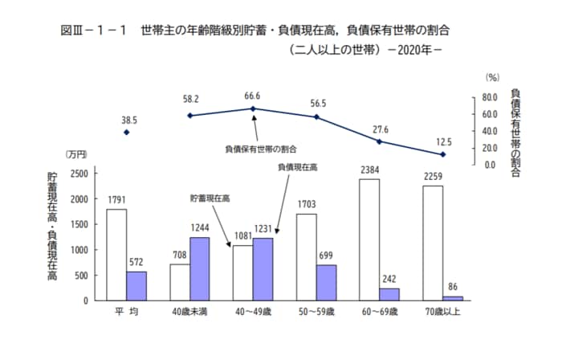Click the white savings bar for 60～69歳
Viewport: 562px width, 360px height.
[369, 239]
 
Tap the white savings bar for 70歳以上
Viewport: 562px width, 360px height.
[432, 243]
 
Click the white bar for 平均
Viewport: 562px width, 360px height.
[116, 255]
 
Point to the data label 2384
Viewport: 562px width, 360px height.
[369, 170]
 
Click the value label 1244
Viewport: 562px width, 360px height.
[199, 228]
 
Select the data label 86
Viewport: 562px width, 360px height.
[453, 286]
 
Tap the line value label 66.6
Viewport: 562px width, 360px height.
[253, 96]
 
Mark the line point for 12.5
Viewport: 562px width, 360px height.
[442, 154]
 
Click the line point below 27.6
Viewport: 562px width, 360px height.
[379, 141]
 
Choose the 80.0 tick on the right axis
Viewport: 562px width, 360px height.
[490, 97]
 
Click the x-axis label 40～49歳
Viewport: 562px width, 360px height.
[253, 310]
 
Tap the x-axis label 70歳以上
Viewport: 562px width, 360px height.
[442, 310]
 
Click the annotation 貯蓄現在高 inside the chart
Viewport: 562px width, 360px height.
[210, 197]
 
